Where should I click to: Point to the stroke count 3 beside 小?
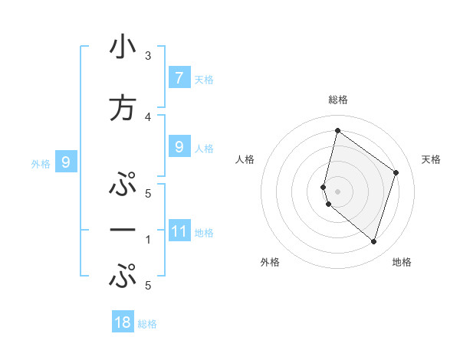tap(148, 55)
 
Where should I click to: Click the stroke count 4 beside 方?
tap(148, 116)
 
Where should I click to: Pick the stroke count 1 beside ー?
tap(148, 239)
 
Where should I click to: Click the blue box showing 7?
tap(179, 77)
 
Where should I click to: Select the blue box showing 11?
tap(179, 231)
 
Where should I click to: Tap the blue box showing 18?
tap(123, 322)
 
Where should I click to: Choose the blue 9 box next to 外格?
tap(66, 162)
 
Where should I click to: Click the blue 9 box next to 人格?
tap(179, 147)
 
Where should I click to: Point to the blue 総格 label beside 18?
tap(147, 324)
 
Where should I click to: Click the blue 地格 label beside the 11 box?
tap(204, 233)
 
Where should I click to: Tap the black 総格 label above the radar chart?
tap(337, 100)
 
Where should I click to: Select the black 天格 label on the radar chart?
tap(432, 159)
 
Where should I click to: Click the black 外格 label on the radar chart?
tap(270, 262)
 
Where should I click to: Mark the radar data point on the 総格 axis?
tap(337, 130)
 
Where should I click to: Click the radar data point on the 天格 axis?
tap(396, 172)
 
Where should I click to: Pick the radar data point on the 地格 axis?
tap(373, 241)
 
